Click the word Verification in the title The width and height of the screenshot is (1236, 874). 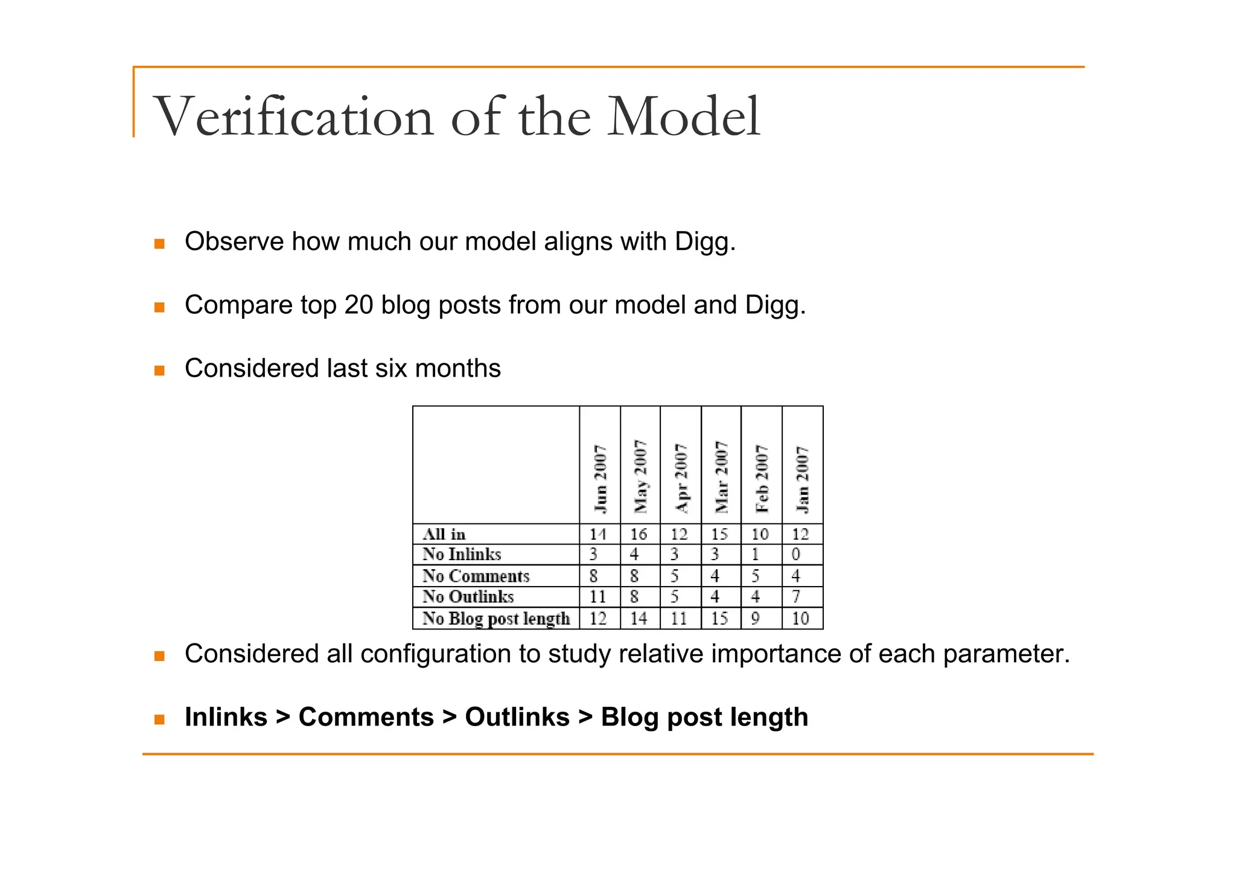294,117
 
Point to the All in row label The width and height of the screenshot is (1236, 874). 444,534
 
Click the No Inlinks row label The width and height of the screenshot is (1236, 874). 462,554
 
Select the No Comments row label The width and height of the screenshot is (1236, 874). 476,576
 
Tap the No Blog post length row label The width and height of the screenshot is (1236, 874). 496,619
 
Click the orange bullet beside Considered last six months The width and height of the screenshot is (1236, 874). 159,370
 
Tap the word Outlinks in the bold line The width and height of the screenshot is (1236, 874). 517,717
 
